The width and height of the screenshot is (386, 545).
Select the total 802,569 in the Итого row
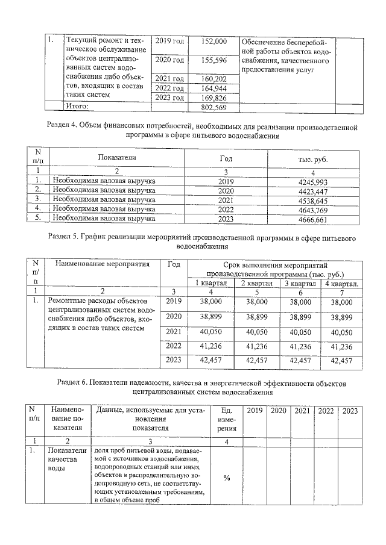coord(215,107)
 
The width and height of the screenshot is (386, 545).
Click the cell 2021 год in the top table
coord(169,79)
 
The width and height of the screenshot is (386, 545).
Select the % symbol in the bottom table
coord(227,478)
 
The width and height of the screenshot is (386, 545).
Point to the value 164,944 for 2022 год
coord(215,89)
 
